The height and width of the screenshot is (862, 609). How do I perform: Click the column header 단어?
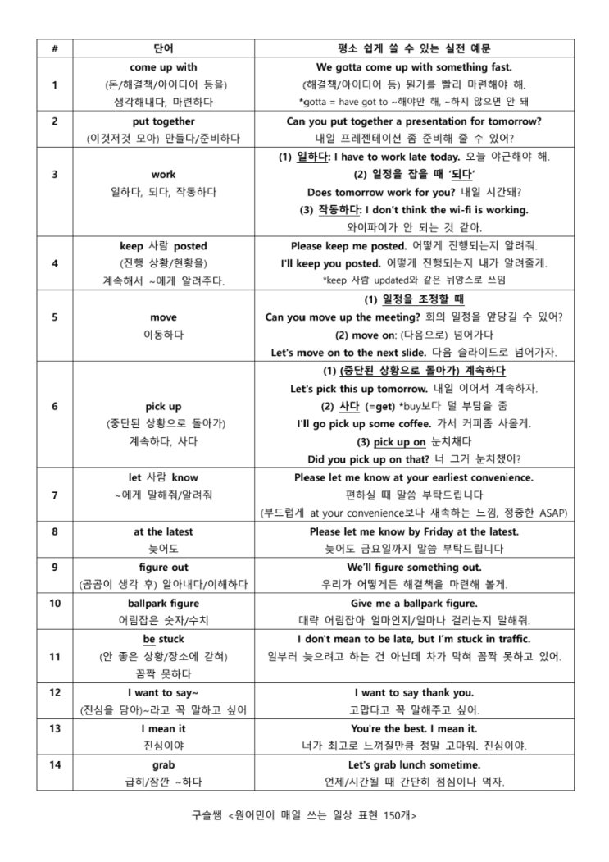pyautogui.click(x=163, y=48)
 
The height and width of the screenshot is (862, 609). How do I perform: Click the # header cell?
pyautogui.click(x=54, y=48)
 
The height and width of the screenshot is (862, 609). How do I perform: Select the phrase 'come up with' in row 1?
pyautogui.click(x=163, y=66)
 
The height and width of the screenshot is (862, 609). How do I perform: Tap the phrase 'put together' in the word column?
pyautogui.click(x=163, y=121)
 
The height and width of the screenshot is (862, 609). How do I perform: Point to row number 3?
pyautogui.click(x=54, y=174)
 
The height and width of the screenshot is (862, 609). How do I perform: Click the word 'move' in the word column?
pyautogui.click(x=163, y=317)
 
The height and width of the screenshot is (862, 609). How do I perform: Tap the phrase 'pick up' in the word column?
pyautogui.click(x=163, y=406)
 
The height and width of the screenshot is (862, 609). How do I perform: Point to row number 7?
pyautogui.click(x=54, y=495)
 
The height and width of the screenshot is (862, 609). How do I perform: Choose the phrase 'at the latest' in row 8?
pyautogui.click(x=163, y=531)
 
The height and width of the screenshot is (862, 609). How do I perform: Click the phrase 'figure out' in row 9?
pyautogui.click(x=163, y=567)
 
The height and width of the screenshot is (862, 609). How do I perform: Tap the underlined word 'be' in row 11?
pyautogui.click(x=148, y=639)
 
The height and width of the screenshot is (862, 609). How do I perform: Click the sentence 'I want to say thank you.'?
pyautogui.click(x=414, y=692)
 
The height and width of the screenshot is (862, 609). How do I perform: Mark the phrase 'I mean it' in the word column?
pyautogui.click(x=163, y=728)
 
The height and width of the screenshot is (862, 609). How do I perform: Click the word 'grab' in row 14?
pyautogui.click(x=163, y=764)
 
